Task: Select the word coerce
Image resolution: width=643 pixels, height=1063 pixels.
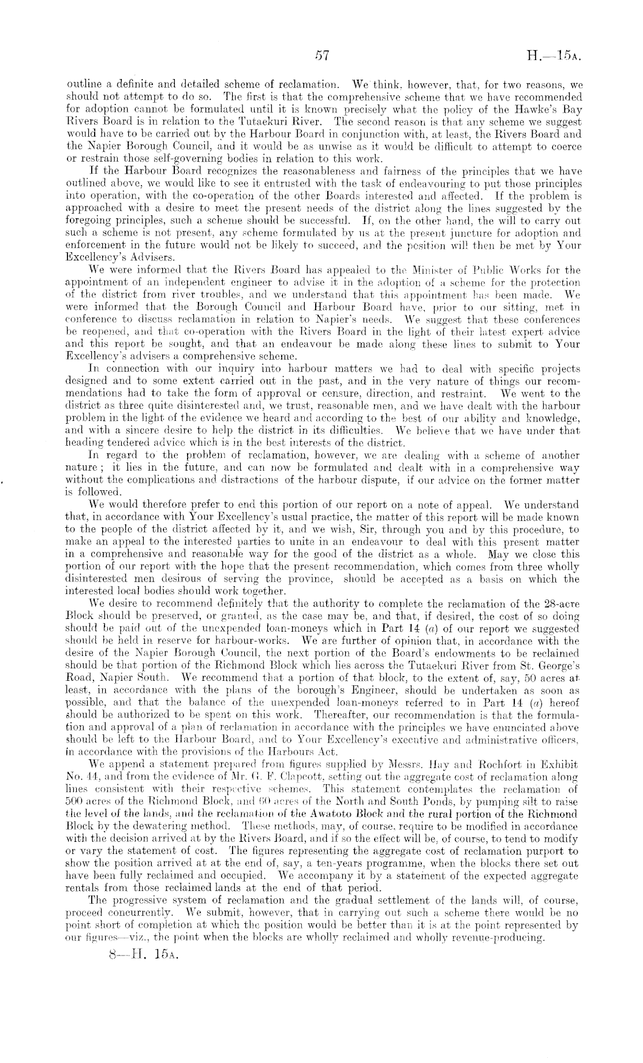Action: click(x=564, y=148)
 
